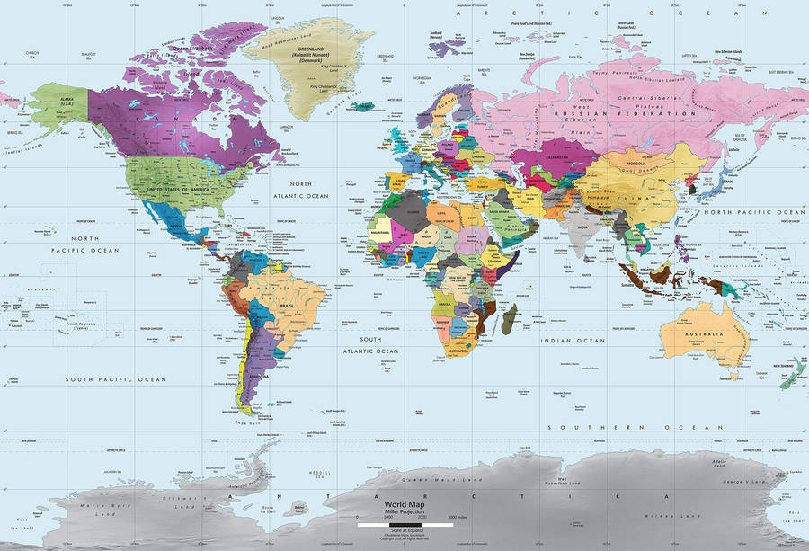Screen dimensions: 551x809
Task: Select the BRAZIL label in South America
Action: pyautogui.click(x=289, y=307)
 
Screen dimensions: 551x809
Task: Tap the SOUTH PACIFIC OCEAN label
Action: pyautogui.click(x=116, y=380)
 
